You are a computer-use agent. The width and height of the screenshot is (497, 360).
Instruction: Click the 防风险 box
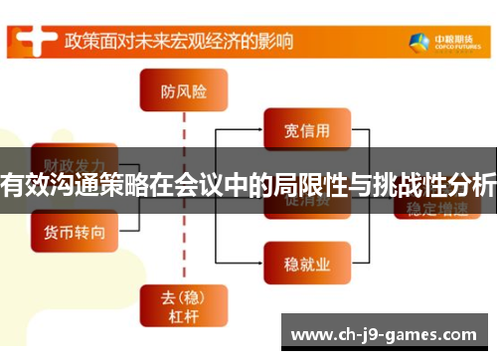click(184, 91)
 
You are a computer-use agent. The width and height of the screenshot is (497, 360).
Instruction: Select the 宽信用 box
click(306, 129)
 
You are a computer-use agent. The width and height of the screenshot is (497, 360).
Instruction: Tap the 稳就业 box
click(306, 263)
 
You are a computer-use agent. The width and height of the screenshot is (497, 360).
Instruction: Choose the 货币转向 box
click(76, 231)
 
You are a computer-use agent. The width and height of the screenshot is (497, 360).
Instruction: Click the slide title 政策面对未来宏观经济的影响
click(179, 42)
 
